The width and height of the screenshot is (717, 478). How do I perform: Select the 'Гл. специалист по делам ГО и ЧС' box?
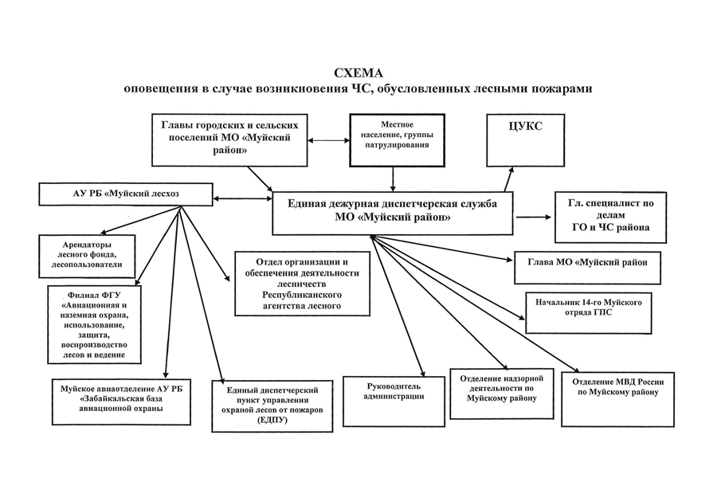click(x=610, y=217)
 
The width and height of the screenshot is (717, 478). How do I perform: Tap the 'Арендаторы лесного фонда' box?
click(x=86, y=254)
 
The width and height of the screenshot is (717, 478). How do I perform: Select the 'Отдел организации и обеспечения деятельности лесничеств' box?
click(x=302, y=284)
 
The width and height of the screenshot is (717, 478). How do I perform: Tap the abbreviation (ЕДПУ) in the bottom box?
click(x=272, y=421)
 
